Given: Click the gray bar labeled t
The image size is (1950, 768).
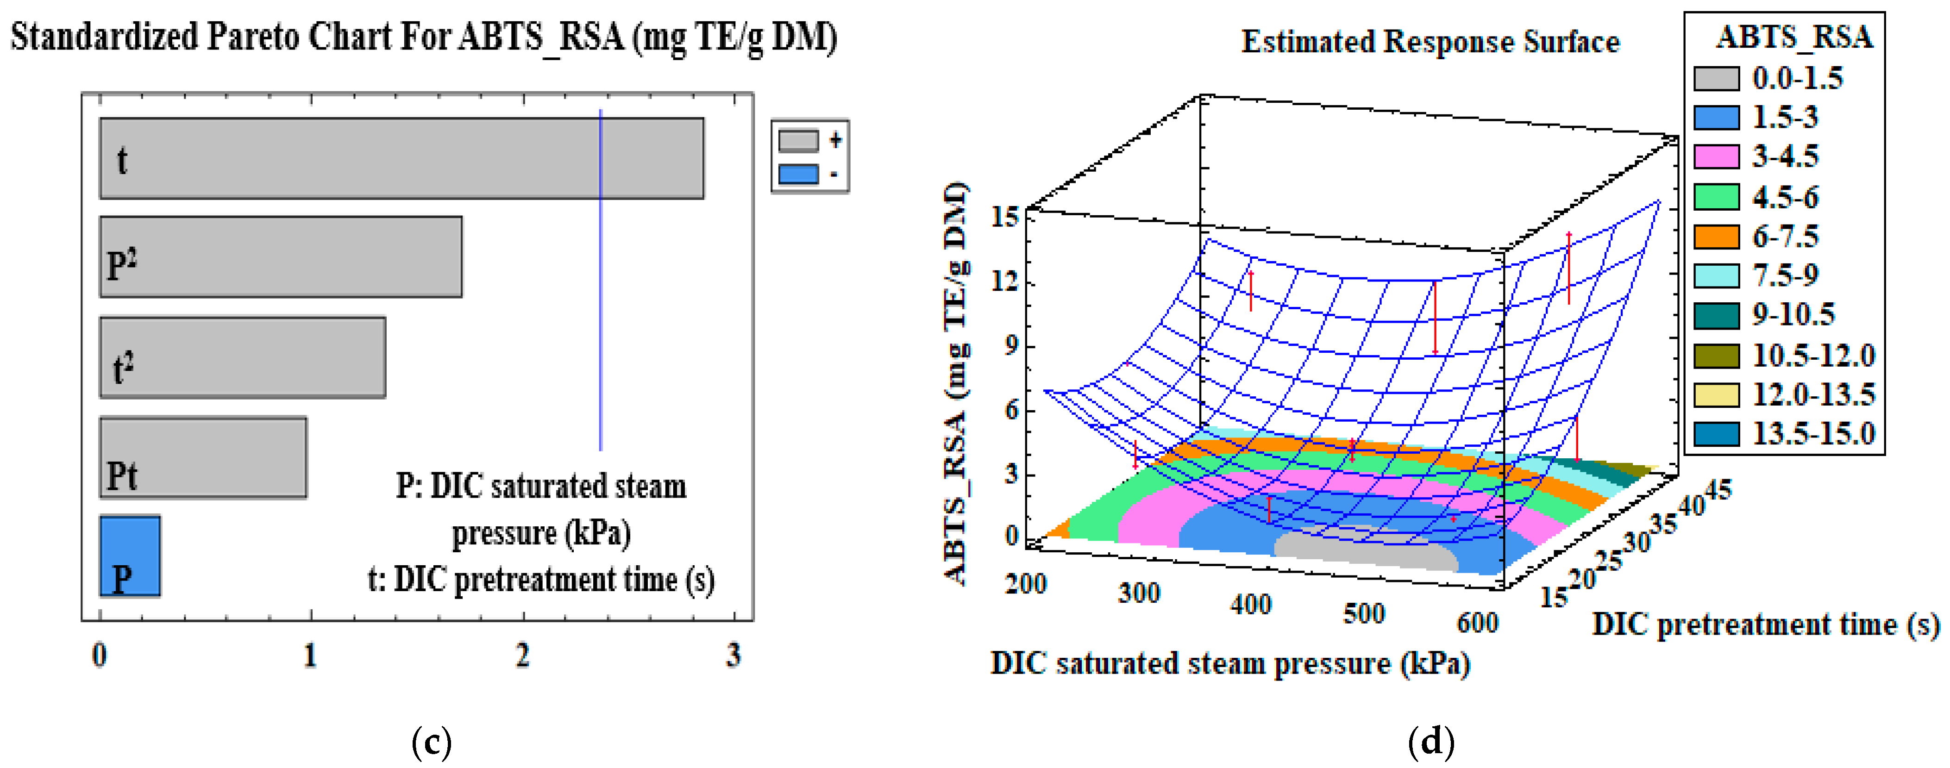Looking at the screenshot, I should [401, 158].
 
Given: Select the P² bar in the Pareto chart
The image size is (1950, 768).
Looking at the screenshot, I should [280, 257].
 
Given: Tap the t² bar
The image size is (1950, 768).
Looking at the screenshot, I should [242, 357].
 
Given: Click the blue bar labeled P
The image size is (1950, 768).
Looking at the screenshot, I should [130, 556].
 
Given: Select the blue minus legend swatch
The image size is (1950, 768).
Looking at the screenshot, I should [799, 174].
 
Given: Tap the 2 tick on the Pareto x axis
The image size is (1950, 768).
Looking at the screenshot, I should [522, 655].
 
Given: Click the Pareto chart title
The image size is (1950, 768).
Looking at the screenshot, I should [424, 36].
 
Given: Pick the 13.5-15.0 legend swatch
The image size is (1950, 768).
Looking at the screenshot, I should [1716, 434].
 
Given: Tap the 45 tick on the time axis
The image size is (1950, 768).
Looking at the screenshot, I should [1718, 490].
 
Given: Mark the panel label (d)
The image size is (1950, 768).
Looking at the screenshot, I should [1431, 742].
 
